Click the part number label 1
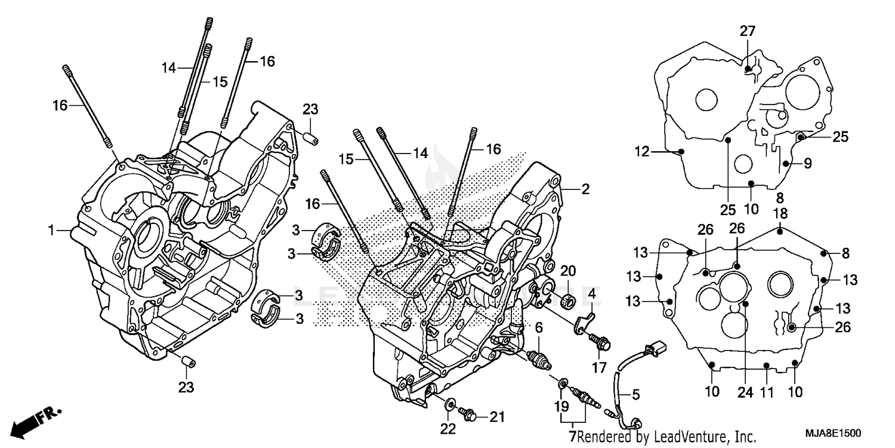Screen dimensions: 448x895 tap(52, 229)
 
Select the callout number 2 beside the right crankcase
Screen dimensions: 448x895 tap(585, 189)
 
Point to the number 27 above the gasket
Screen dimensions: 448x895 tap(748, 31)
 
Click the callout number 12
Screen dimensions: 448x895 tap(641, 152)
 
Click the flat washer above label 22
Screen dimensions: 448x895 tap(449, 400)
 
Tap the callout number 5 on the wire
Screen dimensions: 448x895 tap(635, 394)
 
